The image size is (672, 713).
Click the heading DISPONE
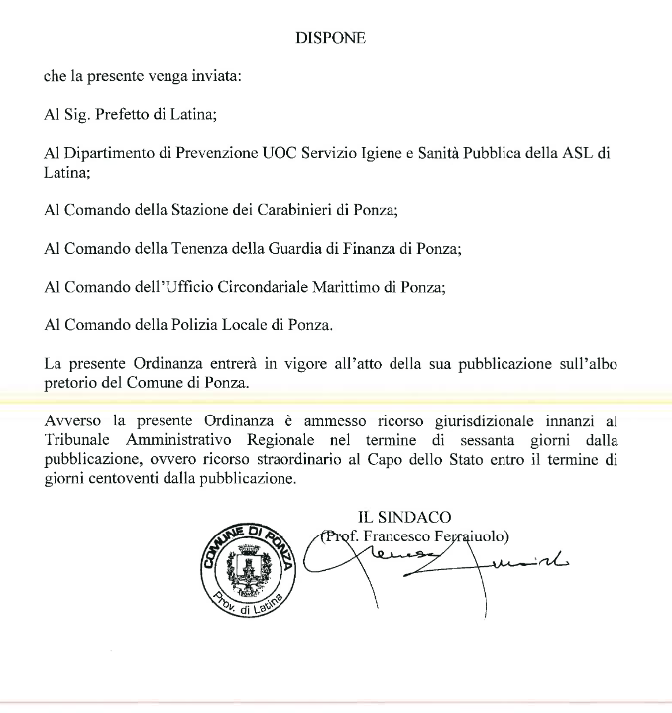point(330,38)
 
